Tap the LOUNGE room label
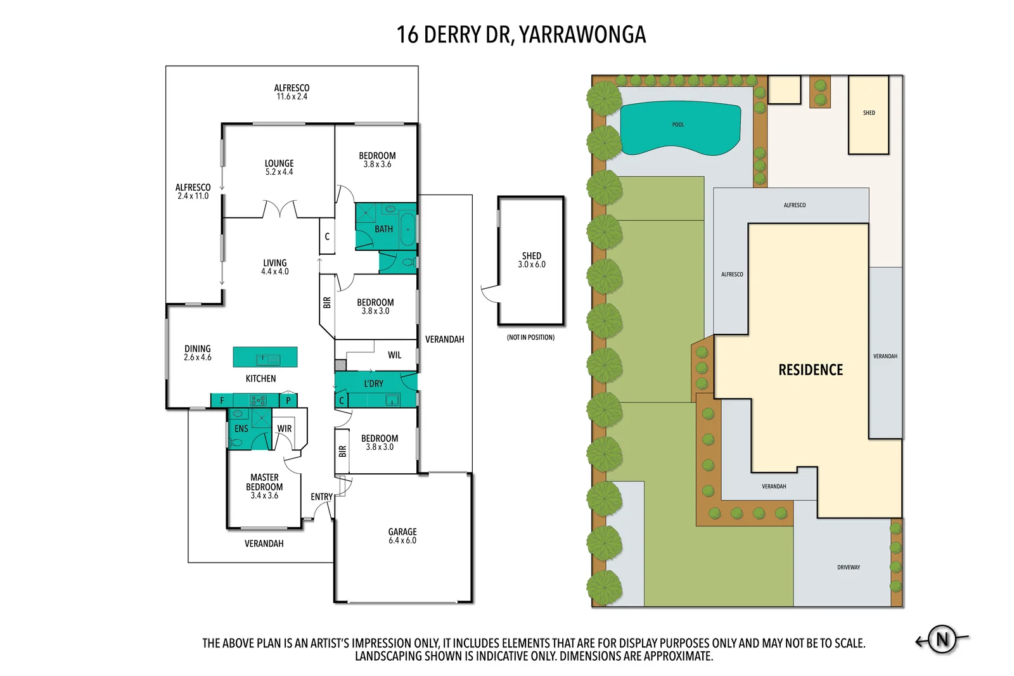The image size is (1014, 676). click(279, 167)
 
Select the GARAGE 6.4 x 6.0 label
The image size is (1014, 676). click(402, 536)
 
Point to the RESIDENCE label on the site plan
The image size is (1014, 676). click(811, 370)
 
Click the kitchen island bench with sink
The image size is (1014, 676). click(265, 357)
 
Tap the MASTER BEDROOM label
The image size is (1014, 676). click(264, 486)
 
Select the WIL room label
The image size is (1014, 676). click(394, 355)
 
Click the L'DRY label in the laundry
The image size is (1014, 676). click(373, 383)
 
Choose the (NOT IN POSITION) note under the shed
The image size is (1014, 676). click(530, 338)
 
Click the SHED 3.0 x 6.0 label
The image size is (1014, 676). click(531, 260)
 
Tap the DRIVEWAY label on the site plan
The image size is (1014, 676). click(848, 568)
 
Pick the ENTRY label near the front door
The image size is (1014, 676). click(321, 497)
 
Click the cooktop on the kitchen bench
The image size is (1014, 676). click(258, 400)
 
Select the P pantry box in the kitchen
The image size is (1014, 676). click(288, 400)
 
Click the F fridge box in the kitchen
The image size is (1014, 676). click(222, 400)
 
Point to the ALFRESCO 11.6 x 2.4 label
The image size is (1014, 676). click(292, 92)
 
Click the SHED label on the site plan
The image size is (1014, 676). click(868, 113)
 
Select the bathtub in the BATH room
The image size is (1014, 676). click(408, 229)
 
